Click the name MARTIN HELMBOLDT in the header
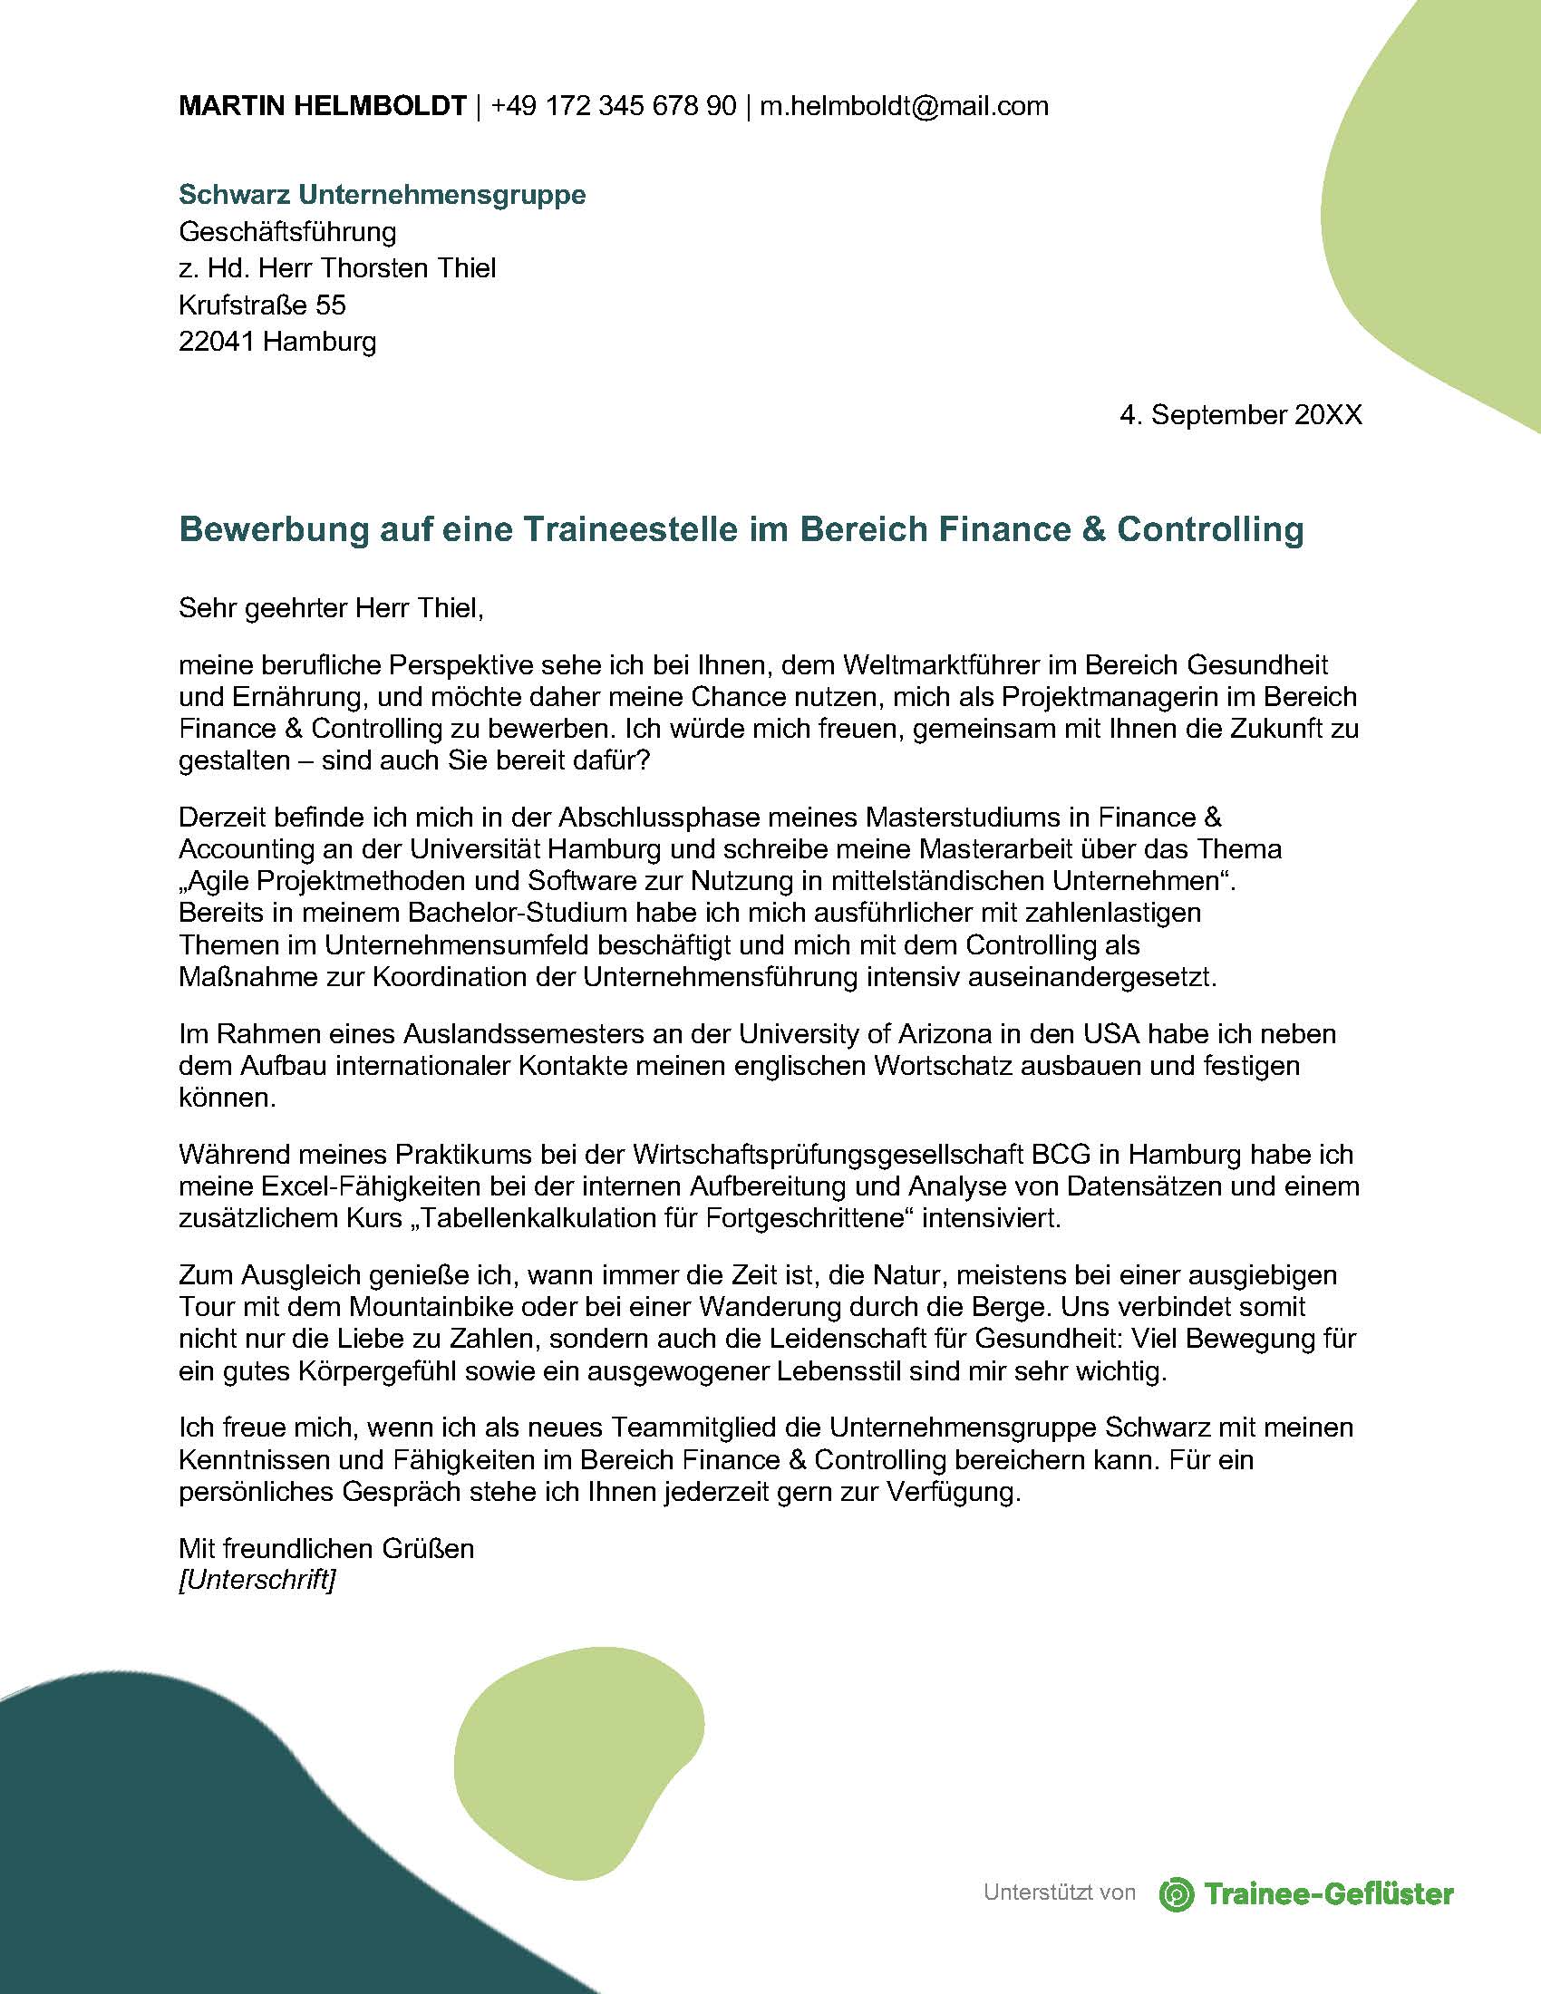click(323, 106)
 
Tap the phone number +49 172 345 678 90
click(613, 106)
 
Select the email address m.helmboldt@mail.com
click(904, 106)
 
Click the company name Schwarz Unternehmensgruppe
click(382, 195)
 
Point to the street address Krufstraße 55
click(262, 304)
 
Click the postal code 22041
click(218, 342)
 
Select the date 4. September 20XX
click(1241, 415)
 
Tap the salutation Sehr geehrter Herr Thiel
click(331, 607)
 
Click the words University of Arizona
click(866, 1033)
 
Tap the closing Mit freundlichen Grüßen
click(326, 1548)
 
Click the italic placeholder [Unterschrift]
click(257, 1580)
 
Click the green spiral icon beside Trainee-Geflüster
click(1177, 1893)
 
